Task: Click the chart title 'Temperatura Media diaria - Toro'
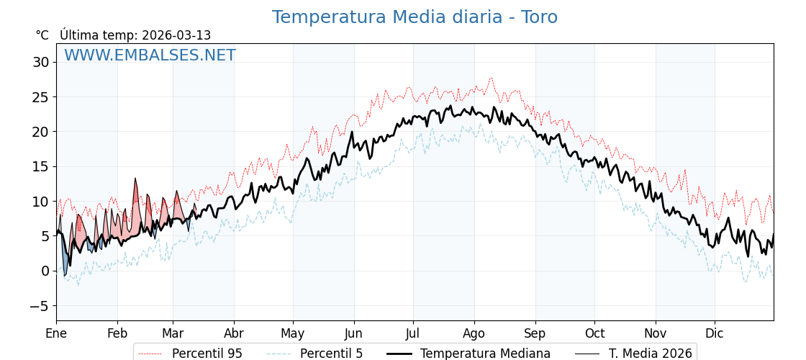(x=415, y=17)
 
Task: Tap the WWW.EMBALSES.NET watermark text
(x=150, y=55)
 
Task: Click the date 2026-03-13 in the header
(x=176, y=35)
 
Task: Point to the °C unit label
(x=42, y=35)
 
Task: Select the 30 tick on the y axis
(x=40, y=62)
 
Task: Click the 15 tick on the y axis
(x=40, y=166)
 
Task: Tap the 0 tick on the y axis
(x=45, y=271)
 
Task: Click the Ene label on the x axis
(x=56, y=333)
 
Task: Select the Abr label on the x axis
(x=234, y=333)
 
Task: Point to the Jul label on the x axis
(x=413, y=333)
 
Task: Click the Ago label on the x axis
(x=474, y=333)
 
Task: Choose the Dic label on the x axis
(x=715, y=333)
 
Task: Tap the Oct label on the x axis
(x=594, y=333)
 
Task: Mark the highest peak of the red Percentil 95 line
(x=492, y=78)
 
